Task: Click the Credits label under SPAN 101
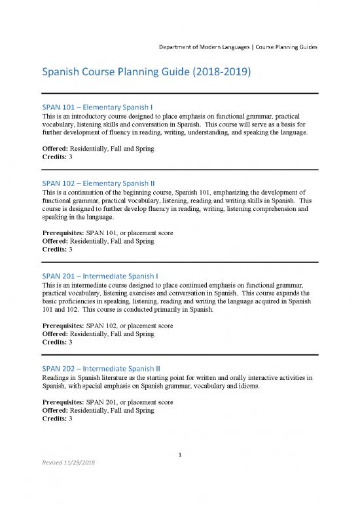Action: [x=54, y=158]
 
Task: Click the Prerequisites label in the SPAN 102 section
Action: [x=62, y=233]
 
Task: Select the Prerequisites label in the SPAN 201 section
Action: [x=62, y=325]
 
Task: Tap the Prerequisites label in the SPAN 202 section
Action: [x=62, y=402]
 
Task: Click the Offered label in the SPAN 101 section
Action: [x=54, y=149]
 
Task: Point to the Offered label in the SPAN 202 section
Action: [x=54, y=410]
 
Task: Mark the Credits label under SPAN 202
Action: [x=54, y=419]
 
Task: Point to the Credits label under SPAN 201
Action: [x=54, y=342]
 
